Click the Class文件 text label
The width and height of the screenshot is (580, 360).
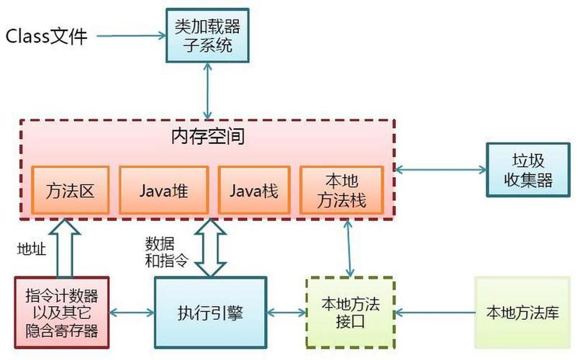click(46, 35)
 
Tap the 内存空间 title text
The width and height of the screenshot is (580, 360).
click(208, 135)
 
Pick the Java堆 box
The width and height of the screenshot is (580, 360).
click(163, 190)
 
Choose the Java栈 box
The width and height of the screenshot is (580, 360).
click(254, 190)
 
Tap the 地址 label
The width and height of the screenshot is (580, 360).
click(32, 248)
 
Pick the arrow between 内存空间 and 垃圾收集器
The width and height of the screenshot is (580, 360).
click(441, 170)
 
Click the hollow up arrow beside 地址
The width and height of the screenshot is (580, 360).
click(61, 249)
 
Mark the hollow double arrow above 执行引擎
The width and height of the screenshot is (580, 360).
click(210, 248)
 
